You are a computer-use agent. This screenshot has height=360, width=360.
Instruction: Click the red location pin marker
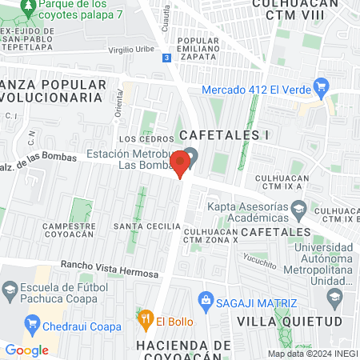(181, 162)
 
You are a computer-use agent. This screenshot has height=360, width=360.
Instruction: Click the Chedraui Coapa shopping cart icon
(33, 325)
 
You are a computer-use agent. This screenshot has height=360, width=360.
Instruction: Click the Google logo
(27, 350)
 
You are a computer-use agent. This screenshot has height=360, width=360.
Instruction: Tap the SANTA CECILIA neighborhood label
(146, 226)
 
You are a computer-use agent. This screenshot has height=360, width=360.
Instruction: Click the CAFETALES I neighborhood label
(222, 134)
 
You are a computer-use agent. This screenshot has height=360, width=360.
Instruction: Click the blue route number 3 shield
(165, 58)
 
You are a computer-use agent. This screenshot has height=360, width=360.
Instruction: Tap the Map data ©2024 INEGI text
(313, 353)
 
